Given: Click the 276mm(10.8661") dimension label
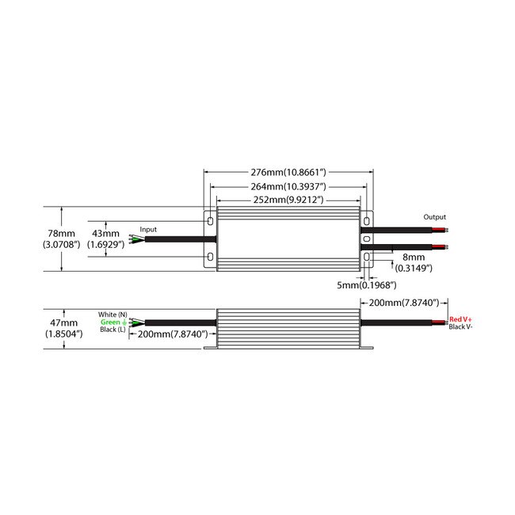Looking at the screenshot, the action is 288,172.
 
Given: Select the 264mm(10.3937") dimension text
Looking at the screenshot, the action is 288,186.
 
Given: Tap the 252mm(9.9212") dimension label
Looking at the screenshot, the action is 288,200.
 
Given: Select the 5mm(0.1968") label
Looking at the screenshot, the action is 367,284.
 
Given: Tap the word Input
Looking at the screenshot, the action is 148,229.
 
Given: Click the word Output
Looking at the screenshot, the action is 434,217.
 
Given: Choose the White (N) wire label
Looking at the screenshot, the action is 113,315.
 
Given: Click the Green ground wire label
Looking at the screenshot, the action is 113,322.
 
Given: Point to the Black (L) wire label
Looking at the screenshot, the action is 113,329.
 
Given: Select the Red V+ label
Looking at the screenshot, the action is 460,319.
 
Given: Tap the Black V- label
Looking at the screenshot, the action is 460,326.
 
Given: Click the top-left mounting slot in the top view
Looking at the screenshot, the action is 211,221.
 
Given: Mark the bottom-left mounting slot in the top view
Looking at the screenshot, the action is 211,257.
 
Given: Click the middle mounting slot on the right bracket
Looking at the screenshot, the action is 367,238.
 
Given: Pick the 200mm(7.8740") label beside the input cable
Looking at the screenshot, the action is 173,334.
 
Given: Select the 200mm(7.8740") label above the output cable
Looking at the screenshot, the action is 404,303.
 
